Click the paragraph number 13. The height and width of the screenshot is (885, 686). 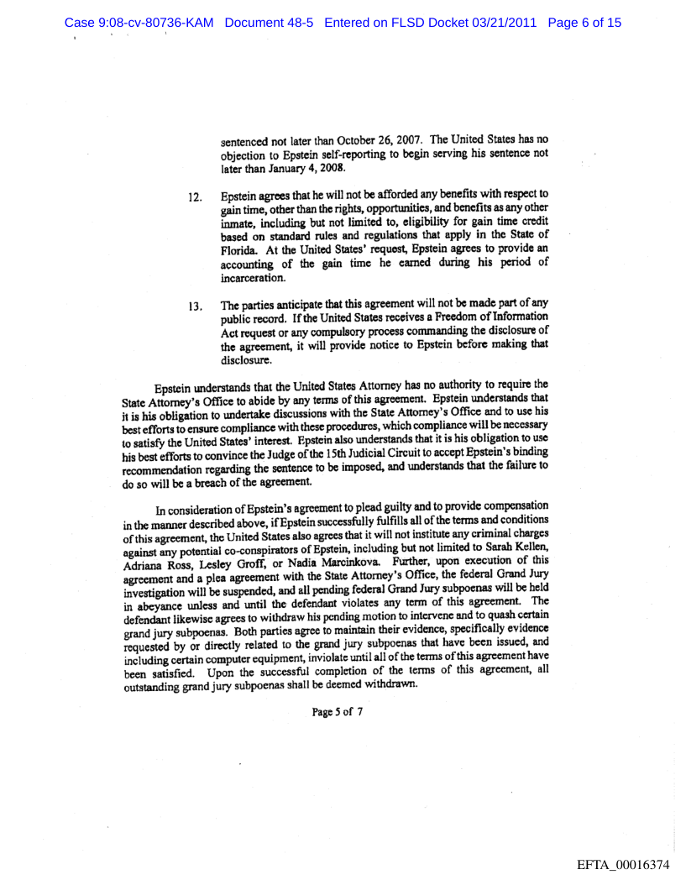[x=195, y=318]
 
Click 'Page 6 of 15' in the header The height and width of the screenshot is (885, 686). [x=584, y=23]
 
